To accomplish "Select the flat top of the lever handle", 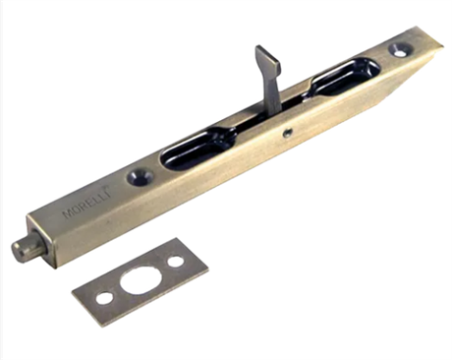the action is coord(268,60).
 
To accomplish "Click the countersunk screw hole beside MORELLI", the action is coord(141,176).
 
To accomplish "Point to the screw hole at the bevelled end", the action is coord(400,50).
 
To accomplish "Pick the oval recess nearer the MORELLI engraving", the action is coord(198,148).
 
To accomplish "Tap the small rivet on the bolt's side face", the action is coord(288,132).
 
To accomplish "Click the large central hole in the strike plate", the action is coord(139,280).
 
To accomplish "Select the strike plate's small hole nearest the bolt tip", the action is coord(104,298).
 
